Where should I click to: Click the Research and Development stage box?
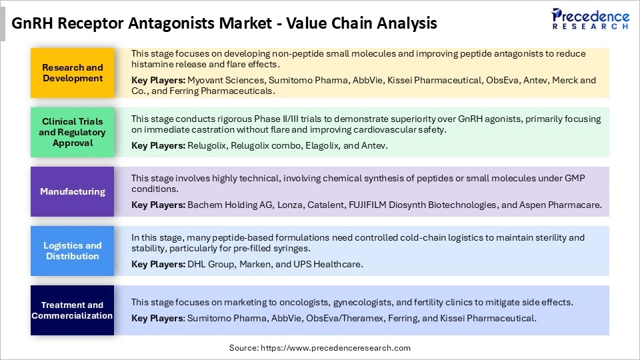click(73, 73)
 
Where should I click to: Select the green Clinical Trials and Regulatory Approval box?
click(73, 132)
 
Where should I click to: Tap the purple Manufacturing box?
click(73, 191)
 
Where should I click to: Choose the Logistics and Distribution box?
click(73, 251)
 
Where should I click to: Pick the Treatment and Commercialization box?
click(73, 310)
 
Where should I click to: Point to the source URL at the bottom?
click(320, 347)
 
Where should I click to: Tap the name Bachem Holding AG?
click(220, 205)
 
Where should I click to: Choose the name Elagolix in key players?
click(345, 145)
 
